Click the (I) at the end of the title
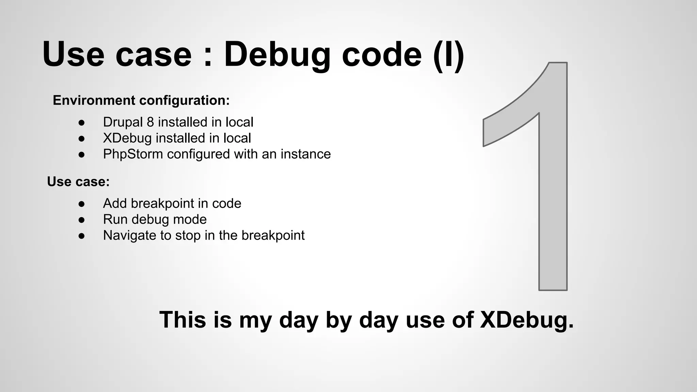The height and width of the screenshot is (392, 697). tap(449, 54)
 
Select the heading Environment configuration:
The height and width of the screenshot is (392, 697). tap(141, 100)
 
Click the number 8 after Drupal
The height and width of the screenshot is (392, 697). tap(150, 122)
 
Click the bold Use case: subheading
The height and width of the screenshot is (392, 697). tap(78, 182)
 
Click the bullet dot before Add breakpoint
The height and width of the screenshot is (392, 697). tap(81, 204)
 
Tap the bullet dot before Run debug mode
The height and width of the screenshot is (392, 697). tap(81, 220)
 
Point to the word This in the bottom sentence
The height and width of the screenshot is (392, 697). tap(183, 320)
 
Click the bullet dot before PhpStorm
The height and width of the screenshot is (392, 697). tap(81, 154)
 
